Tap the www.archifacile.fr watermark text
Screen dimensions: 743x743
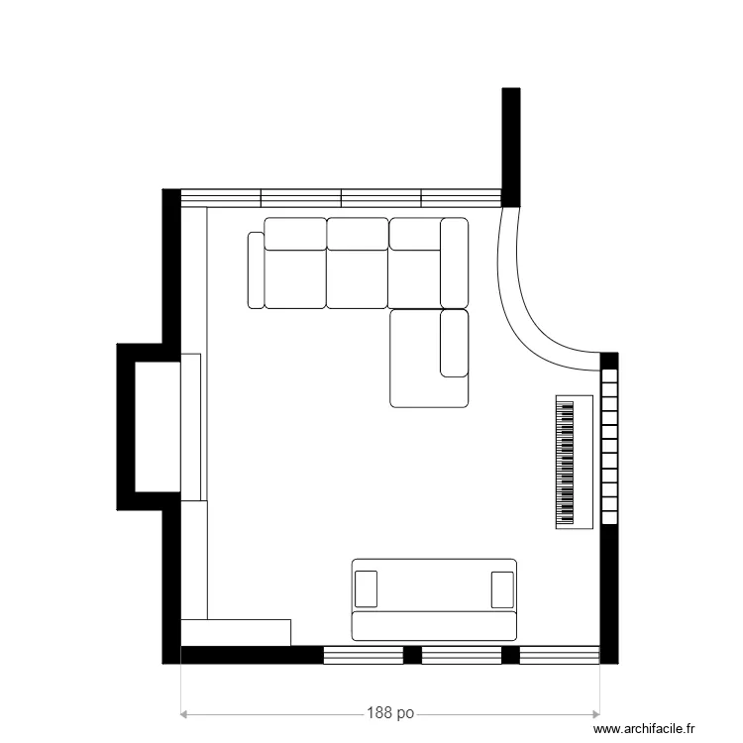pyautogui.click(x=654, y=730)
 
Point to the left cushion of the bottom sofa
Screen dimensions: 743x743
pyautogui.click(x=366, y=587)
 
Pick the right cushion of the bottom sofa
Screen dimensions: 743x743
pyautogui.click(x=503, y=587)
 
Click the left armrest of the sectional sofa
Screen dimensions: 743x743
pyautogui.click(x=256, y=270)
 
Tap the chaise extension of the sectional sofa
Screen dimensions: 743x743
pyautogui.click(x=428, y=359)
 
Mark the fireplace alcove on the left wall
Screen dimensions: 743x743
pyautogui.click(x=156, y=427)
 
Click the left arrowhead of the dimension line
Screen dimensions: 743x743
pyautogui.click(x=183, y=713)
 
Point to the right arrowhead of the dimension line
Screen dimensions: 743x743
pyautogui.click(x=597, y=713)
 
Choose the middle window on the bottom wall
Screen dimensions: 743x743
pyautogui.click(x=462, y=654)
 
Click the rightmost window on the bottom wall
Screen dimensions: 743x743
pyautogui.click(x=560, y=654)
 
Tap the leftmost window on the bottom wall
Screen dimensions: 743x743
pyautogui.click(x=364, y=654)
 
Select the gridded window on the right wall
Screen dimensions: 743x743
pyautogui.click(x=609, y=446)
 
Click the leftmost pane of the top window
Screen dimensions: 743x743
pyautogui.click(x=220, y=196)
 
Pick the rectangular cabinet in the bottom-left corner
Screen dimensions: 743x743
pyautogui.click(x=236, y=631)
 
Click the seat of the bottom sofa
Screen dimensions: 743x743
pyautogui.click(x=435, y=625)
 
